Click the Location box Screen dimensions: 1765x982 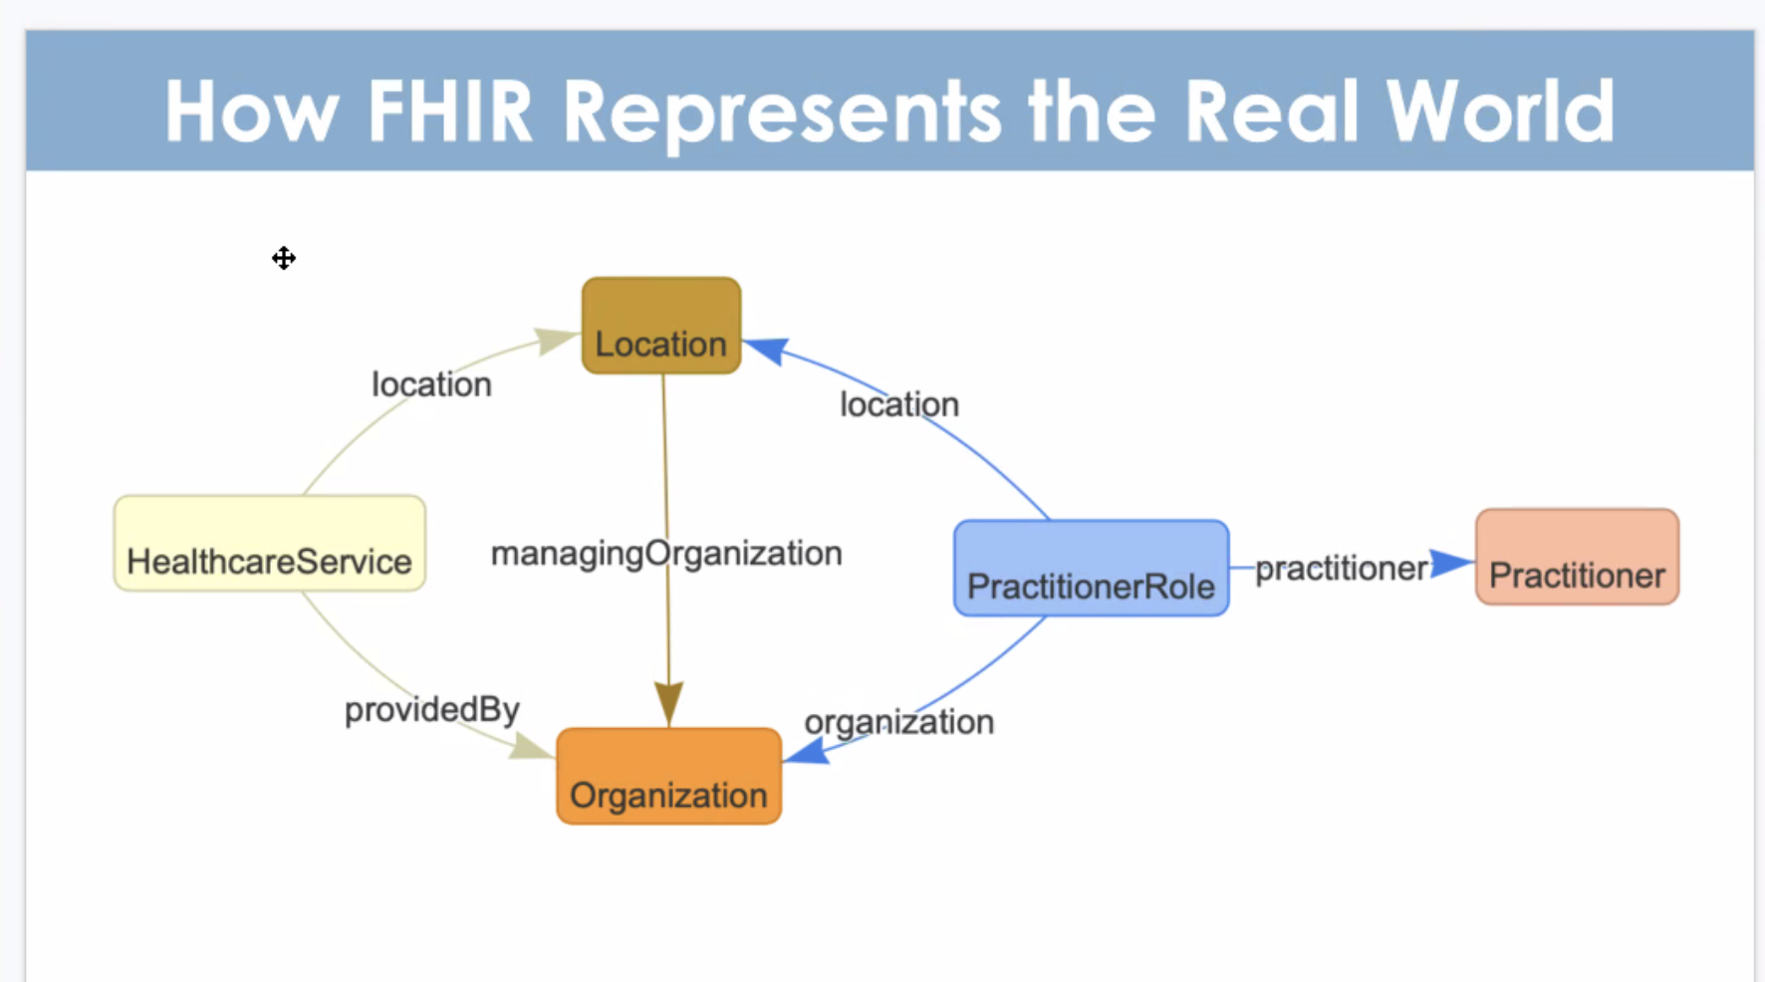click(x=661, y=326)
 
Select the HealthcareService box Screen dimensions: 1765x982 click(x=270, y=543)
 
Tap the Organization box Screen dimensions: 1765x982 click(x=668, y=776)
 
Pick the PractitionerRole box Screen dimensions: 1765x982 click(x=1091, y=568)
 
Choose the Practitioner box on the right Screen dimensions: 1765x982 click(x=1577, y=557)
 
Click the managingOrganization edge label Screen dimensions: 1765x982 click(x=666, y=554)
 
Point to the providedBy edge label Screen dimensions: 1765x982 click(x=432, y=710)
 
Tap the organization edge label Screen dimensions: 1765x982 click(x=899, y=722)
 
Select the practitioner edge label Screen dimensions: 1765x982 click(x=1342, y=569)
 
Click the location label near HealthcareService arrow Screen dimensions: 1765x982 click(x=431, y=384)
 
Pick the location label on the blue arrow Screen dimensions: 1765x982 click(x=899, y=404)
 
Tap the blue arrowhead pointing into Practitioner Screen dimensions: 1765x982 click(x=1452, y=563)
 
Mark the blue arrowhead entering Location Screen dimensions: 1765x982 click(x=767, y=351)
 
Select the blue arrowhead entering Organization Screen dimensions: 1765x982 click(x=807, y=750)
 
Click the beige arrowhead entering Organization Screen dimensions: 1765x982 click(x=531, y=746)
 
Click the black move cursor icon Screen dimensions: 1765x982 click(x=284, y=258)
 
